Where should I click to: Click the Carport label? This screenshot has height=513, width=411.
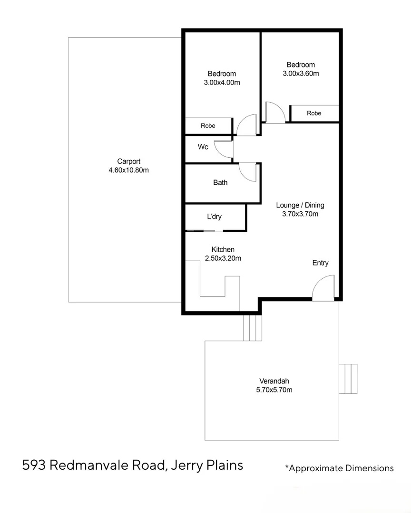click(x=128, y=161)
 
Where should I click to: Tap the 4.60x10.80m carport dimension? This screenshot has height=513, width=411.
click(x=128, y=170)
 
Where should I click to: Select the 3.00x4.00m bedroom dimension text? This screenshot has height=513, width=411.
click(x=222, y=82)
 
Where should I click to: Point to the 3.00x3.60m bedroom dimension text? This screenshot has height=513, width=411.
click(x=301, y=73)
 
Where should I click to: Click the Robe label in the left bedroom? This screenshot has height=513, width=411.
click(x=208, y=126)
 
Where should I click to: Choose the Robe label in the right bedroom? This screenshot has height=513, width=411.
click(x=314, y=113)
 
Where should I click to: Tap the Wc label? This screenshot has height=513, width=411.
click(x=203, y=147)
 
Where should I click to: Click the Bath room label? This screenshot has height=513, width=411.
click(x=220, y=182)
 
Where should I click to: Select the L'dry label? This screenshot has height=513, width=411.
click(x=214, y=217)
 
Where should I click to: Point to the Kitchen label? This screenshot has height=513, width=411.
click(x=223, y=249)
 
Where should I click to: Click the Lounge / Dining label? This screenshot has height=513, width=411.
click(x=300, y=205)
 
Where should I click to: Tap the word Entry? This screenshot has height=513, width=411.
click(x=320, y=263)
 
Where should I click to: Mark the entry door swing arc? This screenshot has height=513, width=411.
click(x=323, y=288)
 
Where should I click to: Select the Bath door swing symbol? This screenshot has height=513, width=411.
click(x=247, y=171)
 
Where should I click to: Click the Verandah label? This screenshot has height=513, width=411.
click(x=274, y=381)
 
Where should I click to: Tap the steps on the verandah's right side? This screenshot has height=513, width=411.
click(x=348, y=379)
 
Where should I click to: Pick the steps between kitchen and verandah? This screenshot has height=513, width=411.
click(x=252, y=327)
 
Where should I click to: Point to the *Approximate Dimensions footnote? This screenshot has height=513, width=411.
click(x=339, y=468)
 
